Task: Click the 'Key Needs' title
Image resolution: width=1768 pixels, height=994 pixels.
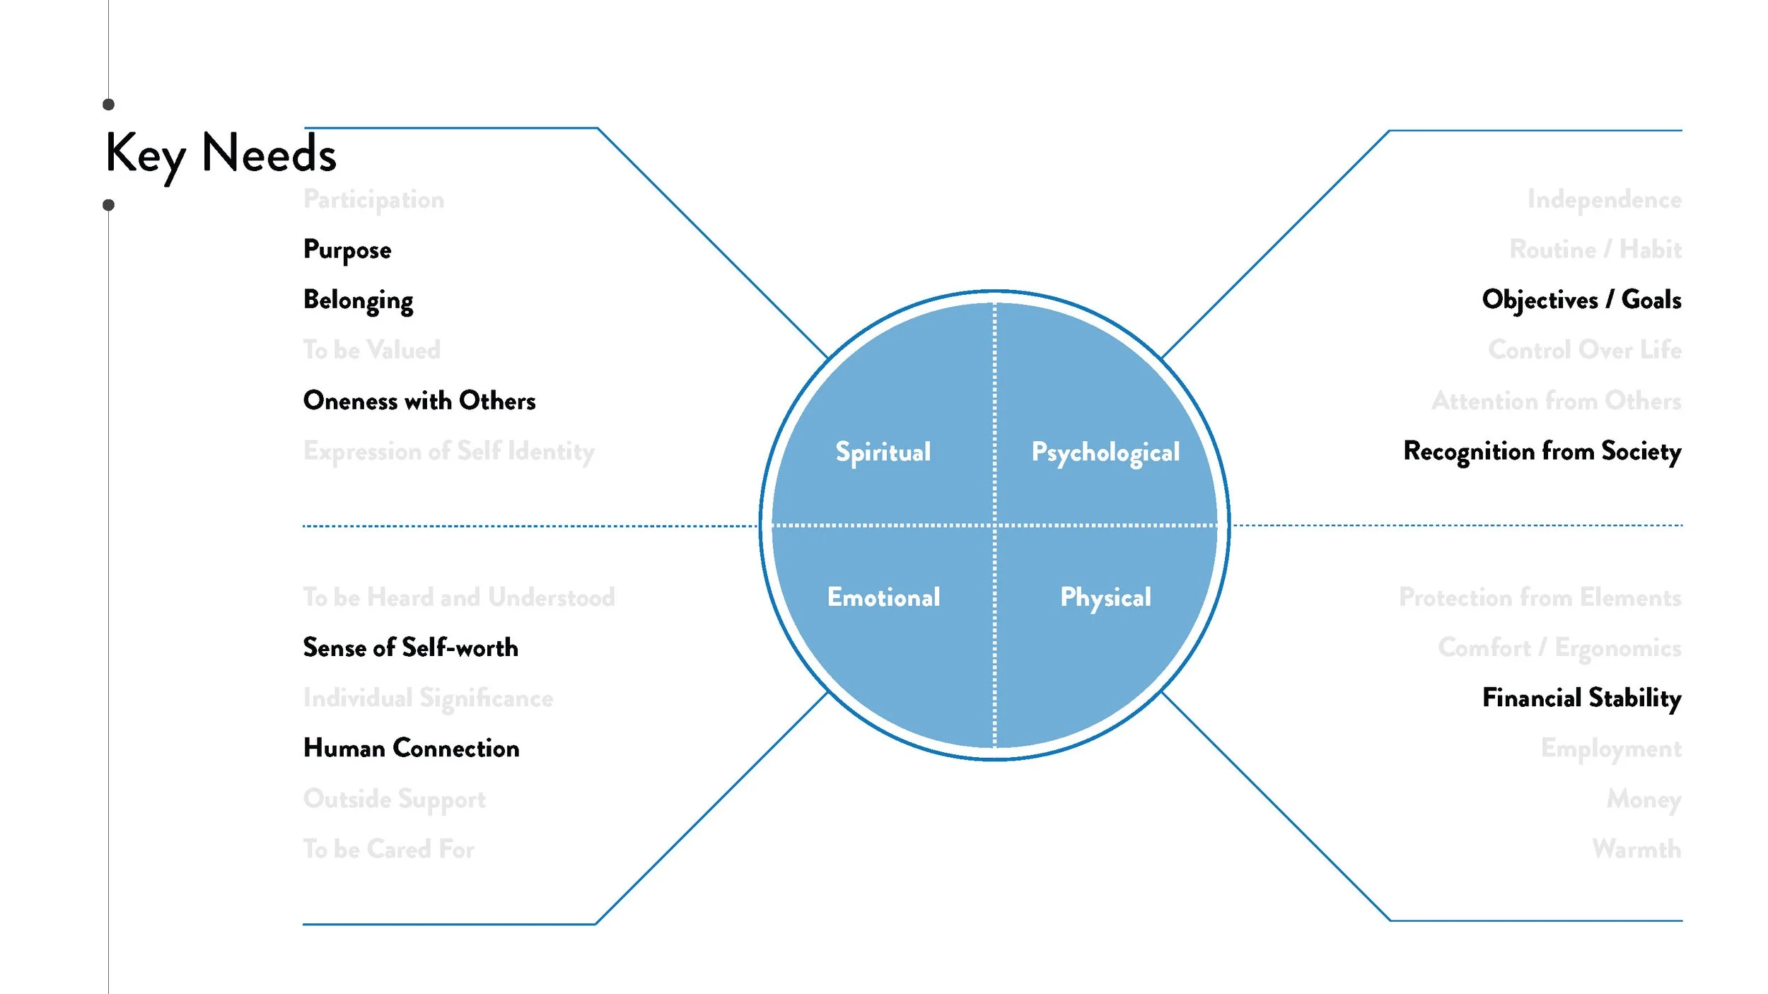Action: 221,153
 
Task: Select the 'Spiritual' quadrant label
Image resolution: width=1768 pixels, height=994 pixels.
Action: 883,452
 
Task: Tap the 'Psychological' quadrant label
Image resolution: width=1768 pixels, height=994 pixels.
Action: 1105,452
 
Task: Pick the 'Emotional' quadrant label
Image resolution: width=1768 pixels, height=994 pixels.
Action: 883,597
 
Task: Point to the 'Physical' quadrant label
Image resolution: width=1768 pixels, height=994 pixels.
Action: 1105,598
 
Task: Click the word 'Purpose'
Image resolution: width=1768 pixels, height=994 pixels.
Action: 347,250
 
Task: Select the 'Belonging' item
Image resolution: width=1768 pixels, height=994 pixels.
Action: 358,300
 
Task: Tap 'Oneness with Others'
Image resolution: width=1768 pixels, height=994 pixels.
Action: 419,401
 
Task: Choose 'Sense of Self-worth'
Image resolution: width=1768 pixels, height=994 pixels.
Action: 410,648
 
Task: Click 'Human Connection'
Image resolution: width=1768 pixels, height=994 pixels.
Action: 411,748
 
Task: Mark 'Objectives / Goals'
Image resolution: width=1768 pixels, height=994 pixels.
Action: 1581,300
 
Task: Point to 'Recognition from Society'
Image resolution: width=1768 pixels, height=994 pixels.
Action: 1542,452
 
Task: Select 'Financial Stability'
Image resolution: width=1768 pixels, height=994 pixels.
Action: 1581,698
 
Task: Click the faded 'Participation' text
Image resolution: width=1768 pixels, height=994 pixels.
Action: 373,200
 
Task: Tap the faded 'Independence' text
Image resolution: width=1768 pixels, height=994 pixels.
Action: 1604,200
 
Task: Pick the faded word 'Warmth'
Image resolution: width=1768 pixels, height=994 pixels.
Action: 1636,848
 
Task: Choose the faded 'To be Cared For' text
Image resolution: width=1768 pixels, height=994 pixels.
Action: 388,849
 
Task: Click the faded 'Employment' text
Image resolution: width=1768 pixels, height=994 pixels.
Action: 1611,749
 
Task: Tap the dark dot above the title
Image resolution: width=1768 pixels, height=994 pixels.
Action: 108,105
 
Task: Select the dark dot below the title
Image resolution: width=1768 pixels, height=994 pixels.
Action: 108,205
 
